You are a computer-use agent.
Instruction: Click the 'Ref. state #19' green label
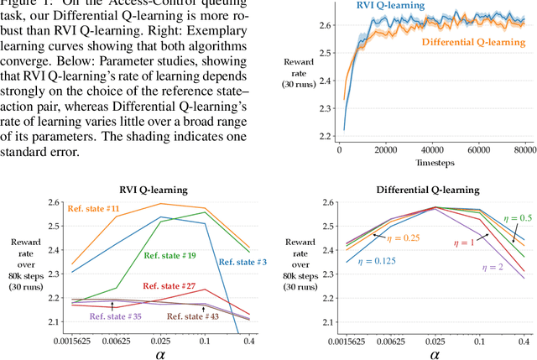pos(169,255)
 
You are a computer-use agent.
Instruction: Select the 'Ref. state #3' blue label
pos(242,262)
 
